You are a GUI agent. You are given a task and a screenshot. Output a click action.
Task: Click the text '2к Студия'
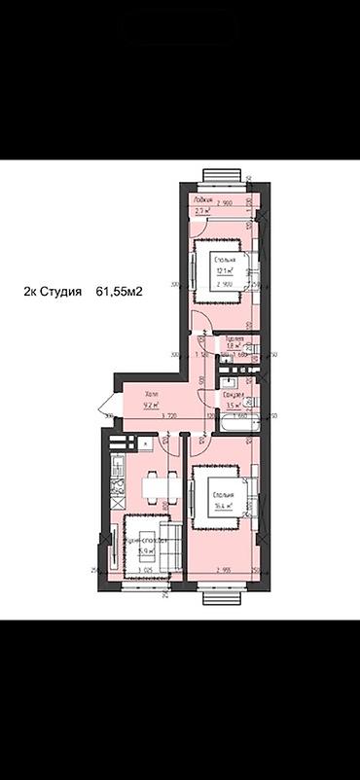tap(54, 291)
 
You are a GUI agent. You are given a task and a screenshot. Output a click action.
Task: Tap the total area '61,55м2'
tap(120, 291)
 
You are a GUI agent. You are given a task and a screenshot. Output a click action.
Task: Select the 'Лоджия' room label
tap(201, 195)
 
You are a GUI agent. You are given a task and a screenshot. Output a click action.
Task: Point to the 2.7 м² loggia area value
tap(202, 210)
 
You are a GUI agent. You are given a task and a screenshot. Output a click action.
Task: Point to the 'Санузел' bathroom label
tap(232, 394)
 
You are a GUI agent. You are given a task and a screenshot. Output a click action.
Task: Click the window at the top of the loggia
tap(221, 177)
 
